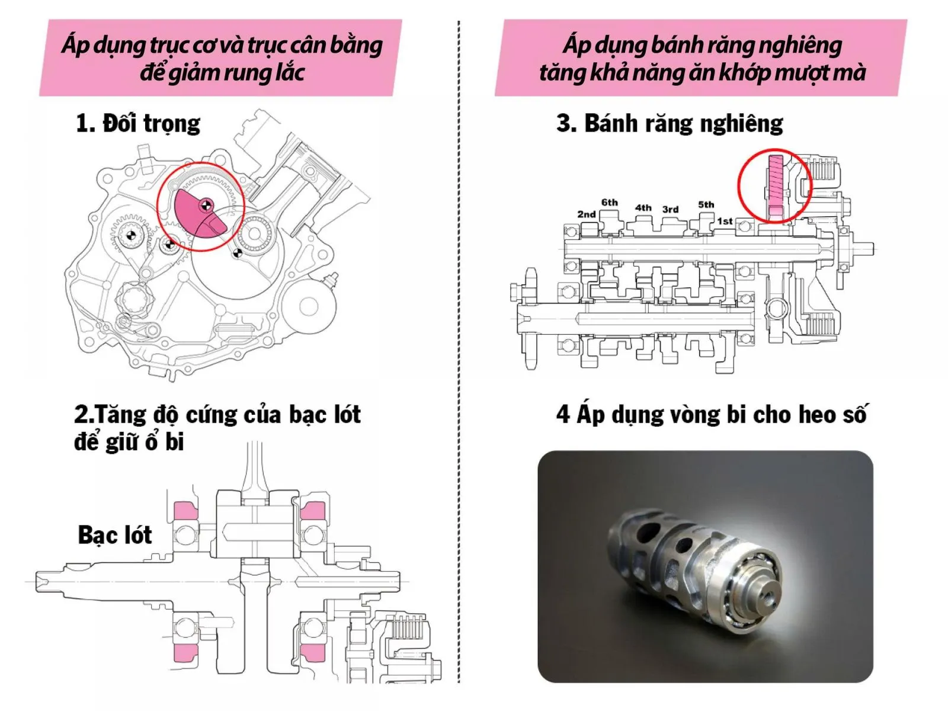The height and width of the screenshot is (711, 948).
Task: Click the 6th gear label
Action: coord(609,203)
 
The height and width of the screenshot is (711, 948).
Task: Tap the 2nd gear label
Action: coord(586,214)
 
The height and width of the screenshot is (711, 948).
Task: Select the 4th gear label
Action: coord(643,207)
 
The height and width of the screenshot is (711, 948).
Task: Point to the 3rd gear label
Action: coord(670,209)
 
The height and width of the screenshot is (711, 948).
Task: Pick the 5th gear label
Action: coord(706,204)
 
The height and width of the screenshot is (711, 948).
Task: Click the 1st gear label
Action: coord(725,221)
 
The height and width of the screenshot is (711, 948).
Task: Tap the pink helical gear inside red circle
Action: coord(776,184)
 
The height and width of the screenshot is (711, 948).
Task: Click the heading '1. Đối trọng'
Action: coord(138,123)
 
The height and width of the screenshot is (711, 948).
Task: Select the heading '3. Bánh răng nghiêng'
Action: coord(670,123)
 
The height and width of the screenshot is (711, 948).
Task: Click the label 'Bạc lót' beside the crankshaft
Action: coord(115,535)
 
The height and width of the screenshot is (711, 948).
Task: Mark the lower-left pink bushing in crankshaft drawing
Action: coord(185,652)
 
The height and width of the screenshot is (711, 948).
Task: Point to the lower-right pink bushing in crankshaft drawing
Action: coord(313,652)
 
